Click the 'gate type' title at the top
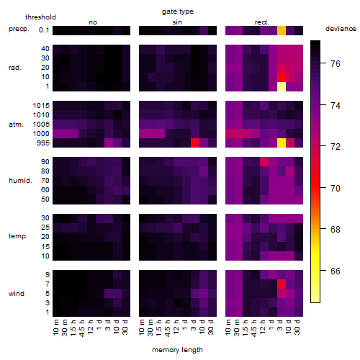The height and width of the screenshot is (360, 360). coord(178,12)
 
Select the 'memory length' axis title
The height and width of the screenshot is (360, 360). coord(177,350)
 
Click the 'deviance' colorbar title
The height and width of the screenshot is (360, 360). coord(341,29)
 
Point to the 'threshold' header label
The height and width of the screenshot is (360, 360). coord(40,17)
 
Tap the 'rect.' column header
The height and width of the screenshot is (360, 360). coord(262,22)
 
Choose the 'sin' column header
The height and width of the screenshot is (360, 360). coord(177,22)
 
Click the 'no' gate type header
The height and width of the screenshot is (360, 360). coord(93,22)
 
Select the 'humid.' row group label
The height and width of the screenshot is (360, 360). coord(20,181)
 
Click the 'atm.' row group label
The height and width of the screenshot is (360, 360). coord(16,125)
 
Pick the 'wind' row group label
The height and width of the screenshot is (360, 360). coord(17,294)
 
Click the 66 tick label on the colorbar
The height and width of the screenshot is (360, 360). coord(336,271)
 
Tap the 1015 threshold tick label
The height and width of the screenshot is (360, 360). coord(41,106)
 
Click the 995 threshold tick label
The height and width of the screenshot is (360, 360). coord(43,143)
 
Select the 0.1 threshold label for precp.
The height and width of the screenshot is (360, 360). coord(44,30)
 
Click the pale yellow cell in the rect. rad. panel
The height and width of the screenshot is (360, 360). coord(282,86)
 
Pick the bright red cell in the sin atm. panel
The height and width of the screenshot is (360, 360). coord(195,143)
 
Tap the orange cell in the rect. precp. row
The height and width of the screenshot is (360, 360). coord(282,30)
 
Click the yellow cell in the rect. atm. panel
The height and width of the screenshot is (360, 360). coord(282,143)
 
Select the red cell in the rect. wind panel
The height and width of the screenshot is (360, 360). coord(282,284)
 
